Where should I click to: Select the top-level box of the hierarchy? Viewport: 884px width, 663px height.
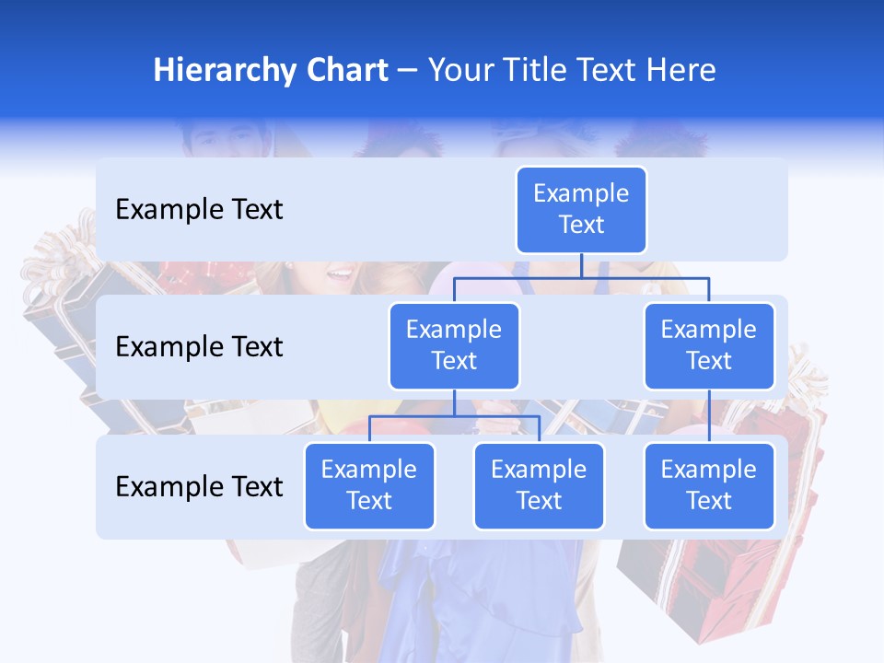(x=581, y=210)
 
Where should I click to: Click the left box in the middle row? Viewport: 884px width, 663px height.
(x=454, y=346)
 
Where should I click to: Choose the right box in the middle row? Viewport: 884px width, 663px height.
(x=709, y=346)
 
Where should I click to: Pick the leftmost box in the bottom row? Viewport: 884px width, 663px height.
(x=369, y=486)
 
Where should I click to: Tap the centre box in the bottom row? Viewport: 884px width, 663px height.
(x=539, y=486)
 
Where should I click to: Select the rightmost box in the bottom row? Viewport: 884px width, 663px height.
(x=709, y=486)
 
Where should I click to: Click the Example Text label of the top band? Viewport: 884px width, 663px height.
(x=199, y=210)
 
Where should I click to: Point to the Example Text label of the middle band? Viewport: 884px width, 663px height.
(x=199, y=347)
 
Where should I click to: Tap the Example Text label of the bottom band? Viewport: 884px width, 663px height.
(x=199, y=486)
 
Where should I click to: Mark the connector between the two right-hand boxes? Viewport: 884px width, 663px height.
(x=709, y=416)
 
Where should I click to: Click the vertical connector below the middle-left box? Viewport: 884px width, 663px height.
(x=454, y=403)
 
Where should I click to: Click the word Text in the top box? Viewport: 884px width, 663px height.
(x=581, y=226)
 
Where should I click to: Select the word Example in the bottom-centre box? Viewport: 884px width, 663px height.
(x=539, y=471)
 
